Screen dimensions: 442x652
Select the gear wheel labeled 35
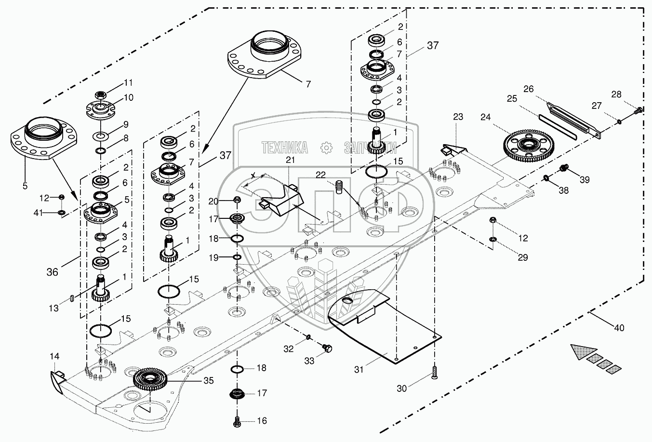[153, 378]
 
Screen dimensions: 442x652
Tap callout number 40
[619, 328]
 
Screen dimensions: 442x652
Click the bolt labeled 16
[237, 421]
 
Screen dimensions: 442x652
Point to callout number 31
[359, 369]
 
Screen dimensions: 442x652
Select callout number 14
[55, 356]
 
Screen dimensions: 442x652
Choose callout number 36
[52, 272]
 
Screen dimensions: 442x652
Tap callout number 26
[529, 89]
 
